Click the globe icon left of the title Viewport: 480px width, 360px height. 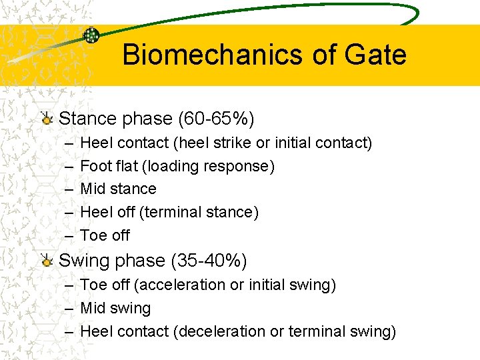[91, 36]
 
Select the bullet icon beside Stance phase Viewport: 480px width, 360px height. [46, 119]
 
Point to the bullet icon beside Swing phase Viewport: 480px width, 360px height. [46, 261]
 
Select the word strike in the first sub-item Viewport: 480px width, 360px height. [233, 143]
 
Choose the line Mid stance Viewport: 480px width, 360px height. [118, 189]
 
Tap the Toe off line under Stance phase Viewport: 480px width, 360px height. [105, 235]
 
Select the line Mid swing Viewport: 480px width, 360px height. [115, 309]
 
